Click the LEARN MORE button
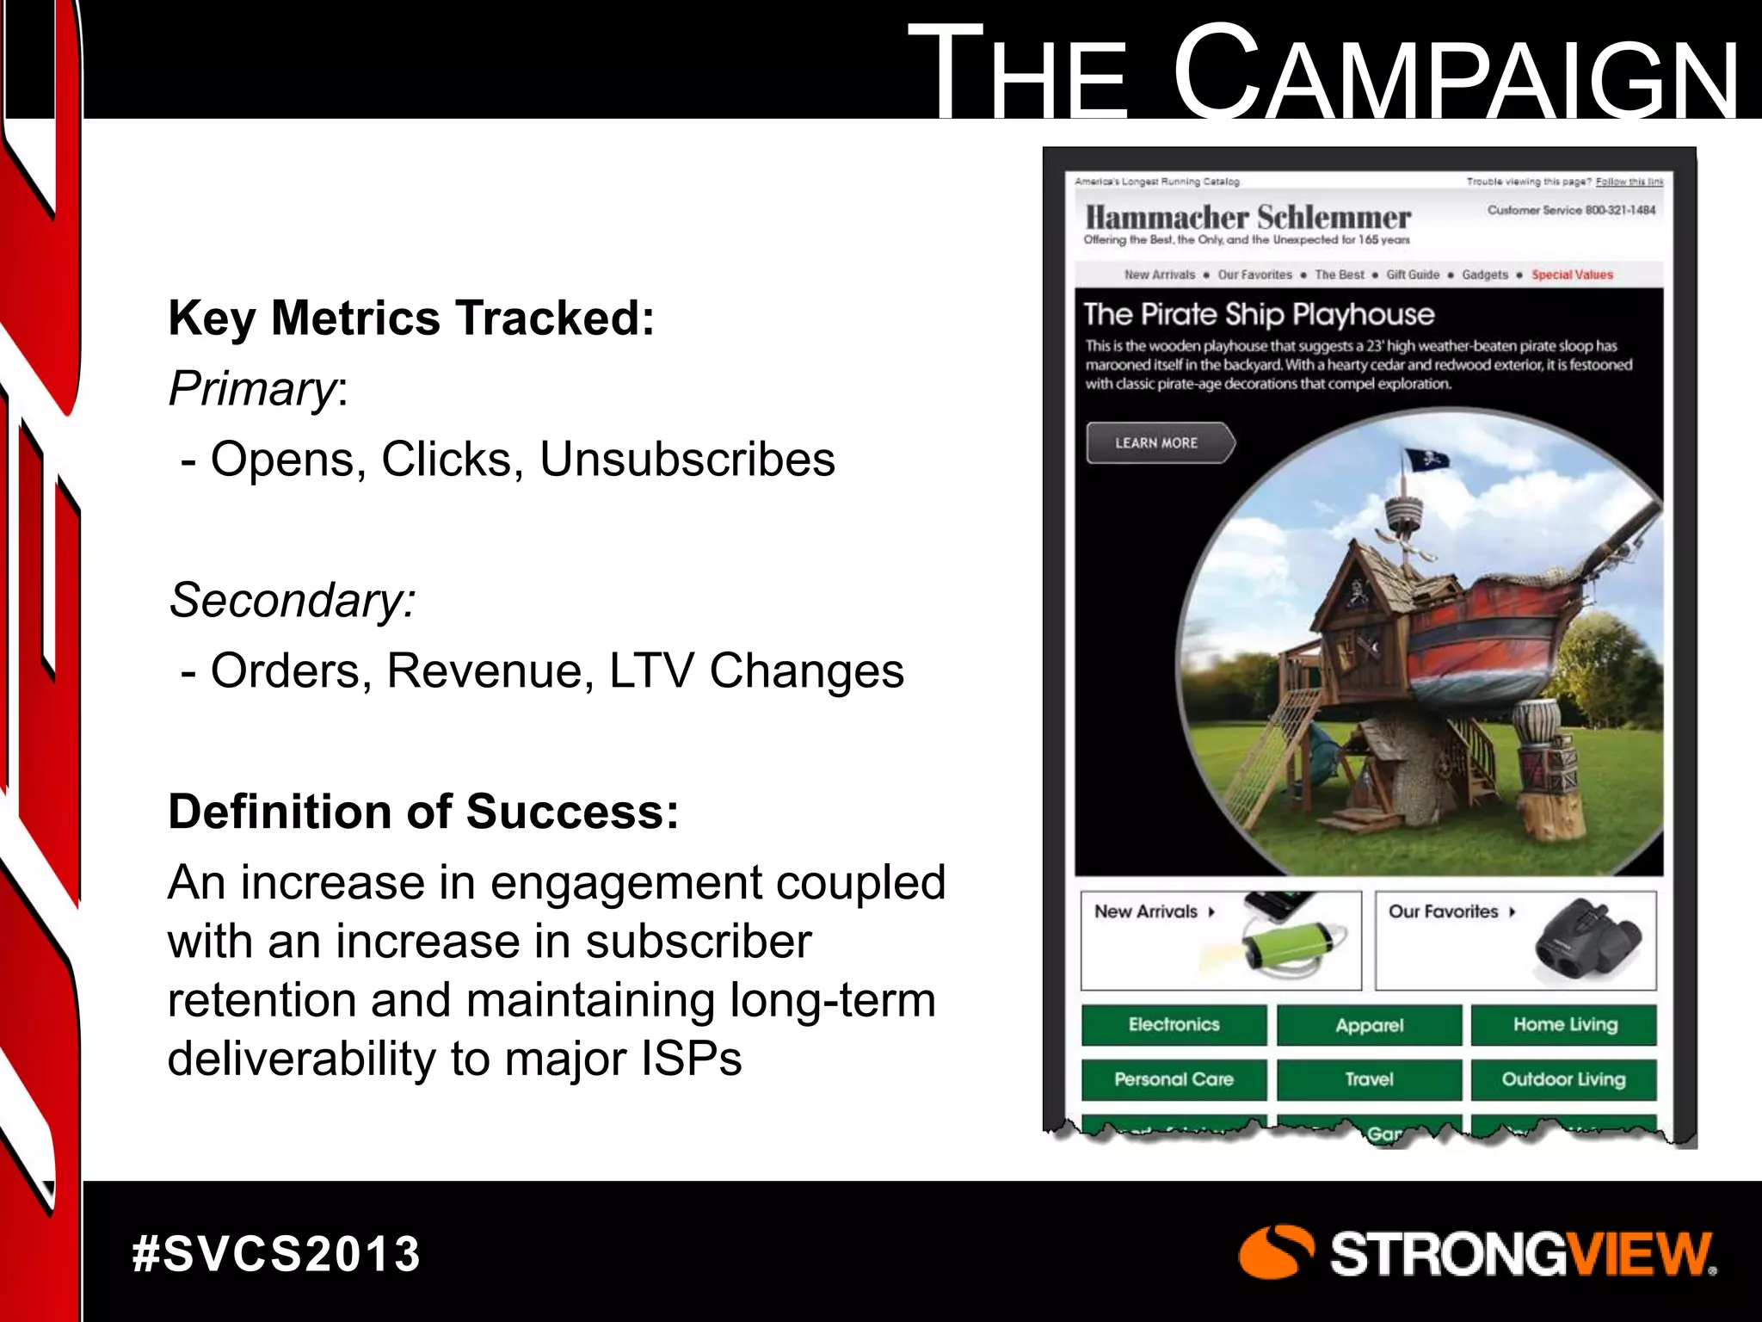click(1157, 443)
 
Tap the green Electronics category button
click(1174, 1025)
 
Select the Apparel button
click(1369, 1025)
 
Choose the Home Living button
click(1564, 1025)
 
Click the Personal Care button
click(1174, 1079)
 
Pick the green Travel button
click(1369, 1079)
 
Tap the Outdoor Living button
click(1564, 1079)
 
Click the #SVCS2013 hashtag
click(276, 1254)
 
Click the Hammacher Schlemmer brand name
click(1248, 217)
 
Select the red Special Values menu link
click(1572, 275)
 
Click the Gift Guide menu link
click(1413, 275)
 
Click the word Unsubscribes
click(687, 460)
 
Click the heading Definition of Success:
click(423, 812)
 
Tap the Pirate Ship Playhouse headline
click(1259, 314)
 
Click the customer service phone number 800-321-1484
click(1620, 210)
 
